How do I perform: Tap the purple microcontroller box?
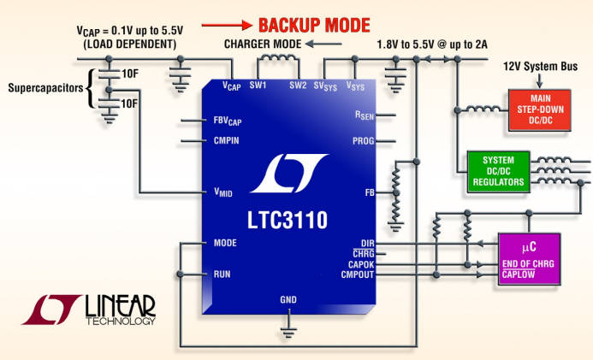[528, 257]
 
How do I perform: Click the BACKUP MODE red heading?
[314, 25]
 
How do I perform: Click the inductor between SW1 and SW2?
[277, 61]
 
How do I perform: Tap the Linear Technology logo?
[90, 310]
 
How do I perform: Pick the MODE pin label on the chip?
[225, 243]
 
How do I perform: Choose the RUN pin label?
[222, 274]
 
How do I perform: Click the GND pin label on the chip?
[289, 300]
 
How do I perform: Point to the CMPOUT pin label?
[357, 274]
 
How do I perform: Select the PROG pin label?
[363, 140]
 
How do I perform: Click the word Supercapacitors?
[44, 87]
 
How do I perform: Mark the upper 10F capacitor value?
[129, 74]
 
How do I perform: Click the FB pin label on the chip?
[370, 193]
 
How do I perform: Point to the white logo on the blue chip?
[288, 174]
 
